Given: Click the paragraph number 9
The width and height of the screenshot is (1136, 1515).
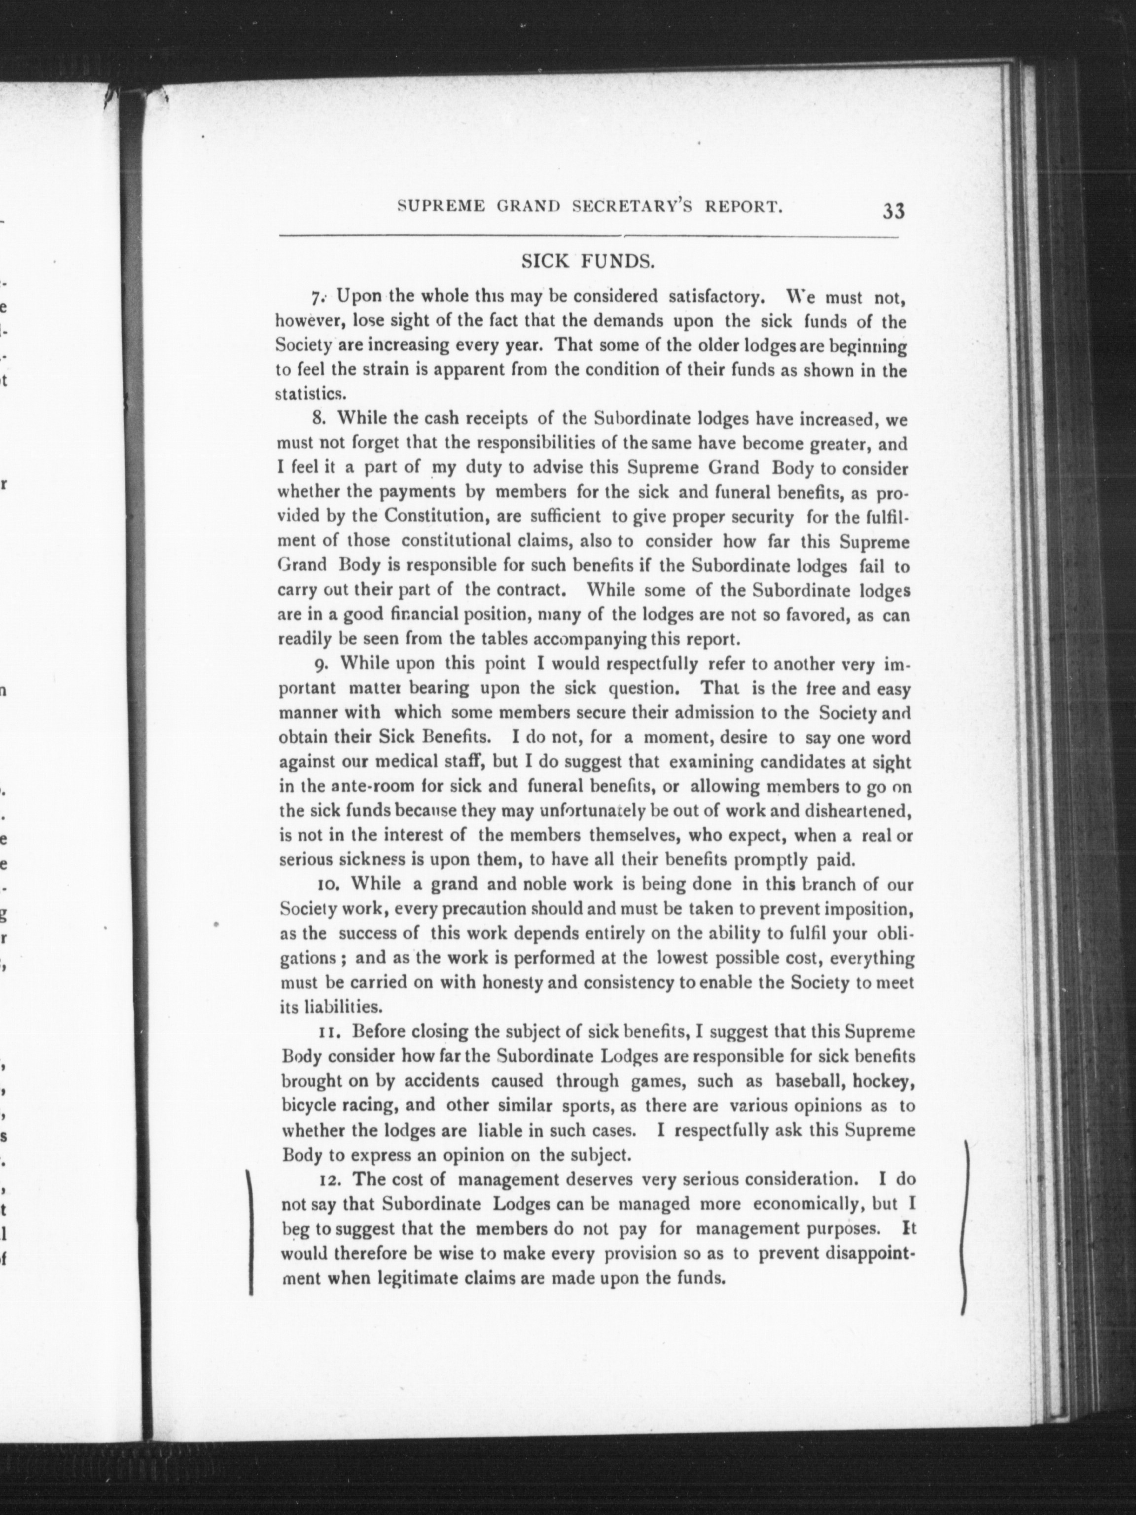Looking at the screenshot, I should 319,664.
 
